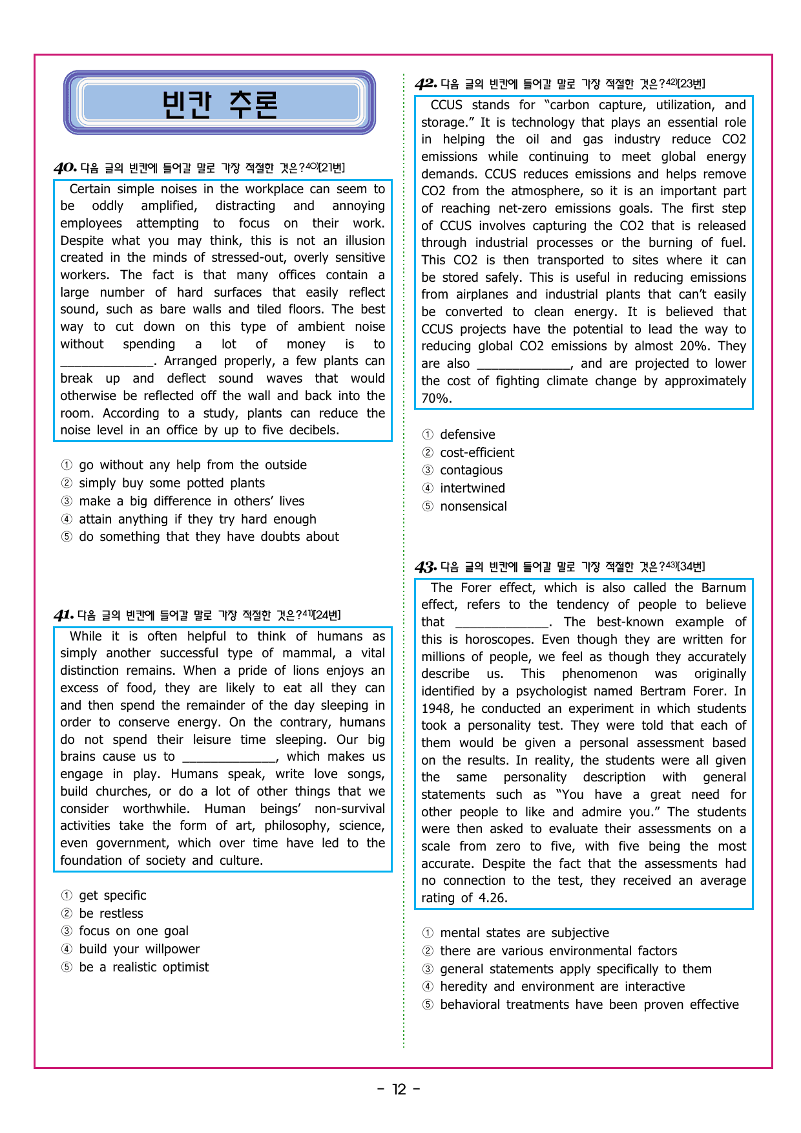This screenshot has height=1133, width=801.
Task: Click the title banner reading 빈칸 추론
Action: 220,103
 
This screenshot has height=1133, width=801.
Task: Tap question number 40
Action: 65,168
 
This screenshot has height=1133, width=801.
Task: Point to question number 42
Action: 425,84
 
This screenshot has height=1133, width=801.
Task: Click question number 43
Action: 425,567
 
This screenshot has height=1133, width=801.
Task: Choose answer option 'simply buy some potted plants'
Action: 171,483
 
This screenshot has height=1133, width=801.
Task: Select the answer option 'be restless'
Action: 110,913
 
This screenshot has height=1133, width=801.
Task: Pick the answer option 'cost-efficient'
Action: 477,452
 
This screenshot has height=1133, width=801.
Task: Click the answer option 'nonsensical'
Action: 473,506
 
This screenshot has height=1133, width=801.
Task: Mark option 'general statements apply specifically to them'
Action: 575,969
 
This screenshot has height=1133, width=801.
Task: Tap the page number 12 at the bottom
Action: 399,1090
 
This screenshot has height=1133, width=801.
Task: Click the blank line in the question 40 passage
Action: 107,362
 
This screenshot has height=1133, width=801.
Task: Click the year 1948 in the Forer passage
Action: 437,708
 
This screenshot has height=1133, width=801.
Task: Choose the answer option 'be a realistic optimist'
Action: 143,967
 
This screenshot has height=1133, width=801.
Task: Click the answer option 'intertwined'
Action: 472,488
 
